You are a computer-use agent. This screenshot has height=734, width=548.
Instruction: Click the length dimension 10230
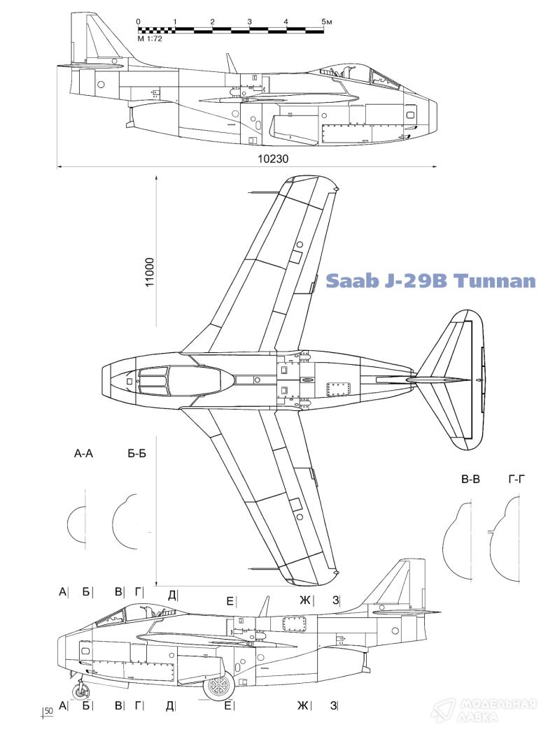(273, 159)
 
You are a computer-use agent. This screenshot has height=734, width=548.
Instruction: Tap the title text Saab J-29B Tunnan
(430, 281)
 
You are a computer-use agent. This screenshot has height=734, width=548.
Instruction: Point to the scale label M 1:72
(150, 39)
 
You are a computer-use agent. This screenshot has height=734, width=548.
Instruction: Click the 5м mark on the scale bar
(325, 22)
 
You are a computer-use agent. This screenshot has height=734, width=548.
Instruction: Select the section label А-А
(83, 454)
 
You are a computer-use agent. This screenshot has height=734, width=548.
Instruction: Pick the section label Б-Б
(136, 454)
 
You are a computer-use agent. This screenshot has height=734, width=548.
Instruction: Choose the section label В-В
(470, 480)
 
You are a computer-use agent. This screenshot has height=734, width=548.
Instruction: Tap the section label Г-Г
(517, 480)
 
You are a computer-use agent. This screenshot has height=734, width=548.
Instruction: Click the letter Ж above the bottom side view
(304, 599)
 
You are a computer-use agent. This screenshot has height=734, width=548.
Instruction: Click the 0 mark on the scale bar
(139, 22)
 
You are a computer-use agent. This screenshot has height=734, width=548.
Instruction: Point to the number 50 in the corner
(48, 711)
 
